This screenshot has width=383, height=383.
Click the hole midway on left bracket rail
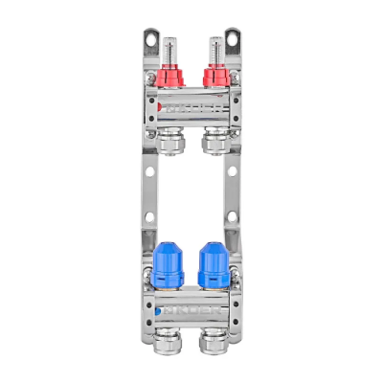tap(148, 172)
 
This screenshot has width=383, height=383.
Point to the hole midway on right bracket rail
tap(232, 172)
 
